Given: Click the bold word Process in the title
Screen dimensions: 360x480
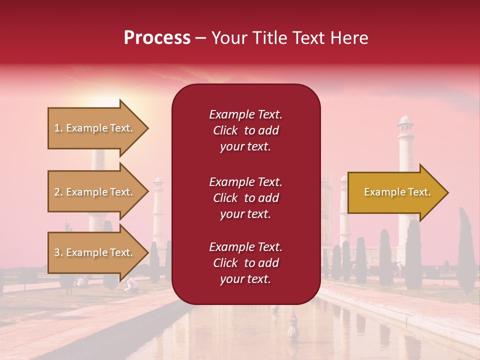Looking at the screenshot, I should [157, 38].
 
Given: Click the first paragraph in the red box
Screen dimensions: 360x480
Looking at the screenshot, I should [245, 130].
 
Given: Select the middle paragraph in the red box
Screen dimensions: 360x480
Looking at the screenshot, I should [245, 198].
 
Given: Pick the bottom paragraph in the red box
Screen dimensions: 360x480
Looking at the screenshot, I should [245, 263].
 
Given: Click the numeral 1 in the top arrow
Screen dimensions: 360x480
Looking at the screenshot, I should [57, 128].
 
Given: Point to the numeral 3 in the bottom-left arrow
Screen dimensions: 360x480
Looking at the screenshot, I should [57, 252].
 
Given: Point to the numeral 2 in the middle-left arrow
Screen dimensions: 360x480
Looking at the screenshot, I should [57, 192].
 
